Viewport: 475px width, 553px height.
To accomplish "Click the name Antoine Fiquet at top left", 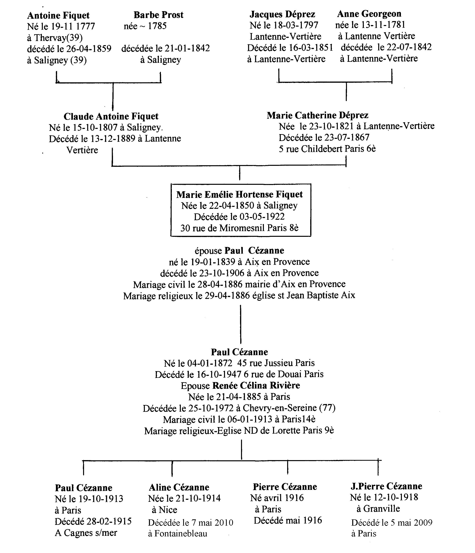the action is click(x=58, y=15).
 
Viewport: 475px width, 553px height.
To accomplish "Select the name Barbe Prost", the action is click(x=159, y=15).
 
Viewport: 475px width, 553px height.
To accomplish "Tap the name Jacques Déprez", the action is click(x=282, y=14).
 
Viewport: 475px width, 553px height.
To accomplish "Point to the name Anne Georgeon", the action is click(x=369, y=14).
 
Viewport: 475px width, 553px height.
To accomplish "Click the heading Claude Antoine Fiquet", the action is click(x=111, y=116).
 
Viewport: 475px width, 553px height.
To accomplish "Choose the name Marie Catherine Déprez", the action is click(x=318, y=115).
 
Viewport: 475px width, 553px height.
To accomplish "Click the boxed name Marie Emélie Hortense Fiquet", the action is click(x=240, y=194).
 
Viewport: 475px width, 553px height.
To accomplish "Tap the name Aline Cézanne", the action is click(x=179, y=487).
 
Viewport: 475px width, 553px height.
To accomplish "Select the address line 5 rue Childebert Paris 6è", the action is click(x=327, y=149).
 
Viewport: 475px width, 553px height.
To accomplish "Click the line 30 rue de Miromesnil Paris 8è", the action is click(x=239, y=228).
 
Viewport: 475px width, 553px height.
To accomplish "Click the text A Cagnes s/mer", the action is click(x=86, y=533).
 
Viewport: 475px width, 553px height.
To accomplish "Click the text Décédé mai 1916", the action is click(x=288, y=520).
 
